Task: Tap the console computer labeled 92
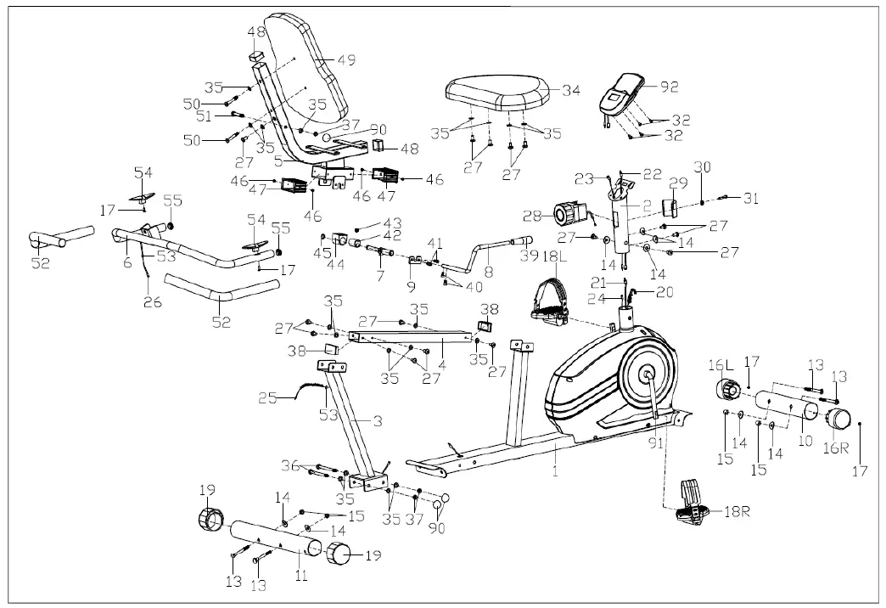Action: (x=622, y=94)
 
